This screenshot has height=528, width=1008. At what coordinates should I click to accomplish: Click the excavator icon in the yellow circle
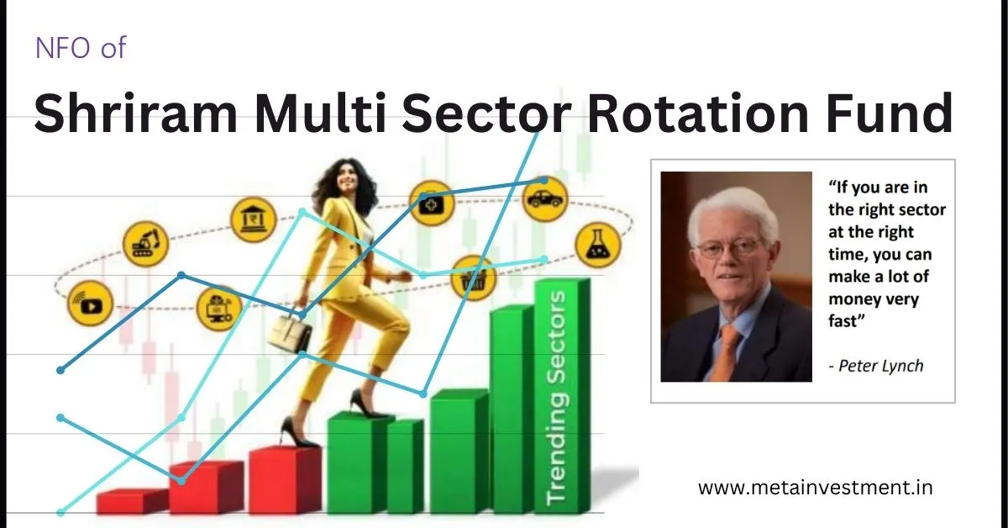click(146, 242)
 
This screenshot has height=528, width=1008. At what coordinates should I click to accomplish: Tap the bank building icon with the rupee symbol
click(253, 219)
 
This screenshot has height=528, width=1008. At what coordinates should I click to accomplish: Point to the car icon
click(544, 199)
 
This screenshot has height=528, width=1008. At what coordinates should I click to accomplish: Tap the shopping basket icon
click(474, 278)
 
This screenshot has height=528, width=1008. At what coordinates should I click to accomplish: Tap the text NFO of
click(80, 47)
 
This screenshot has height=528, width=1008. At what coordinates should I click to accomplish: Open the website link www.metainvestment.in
click(815, 487)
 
